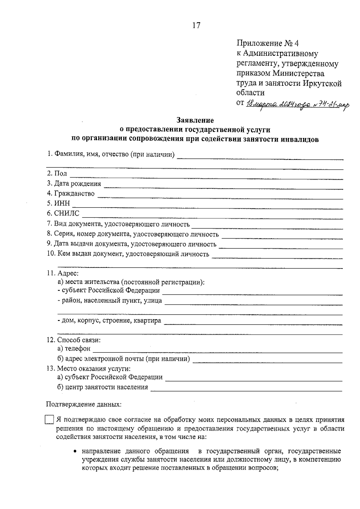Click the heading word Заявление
click(x=195, y=120)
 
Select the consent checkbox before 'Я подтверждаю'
click(x=49, y=420)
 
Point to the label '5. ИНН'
click(x=58, y=203)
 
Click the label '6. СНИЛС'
click(x=63, y=213)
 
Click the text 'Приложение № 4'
click(x=268, y=43)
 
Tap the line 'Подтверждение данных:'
click(x=84, y=404)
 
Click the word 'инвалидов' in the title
click(x=301, y=139)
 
